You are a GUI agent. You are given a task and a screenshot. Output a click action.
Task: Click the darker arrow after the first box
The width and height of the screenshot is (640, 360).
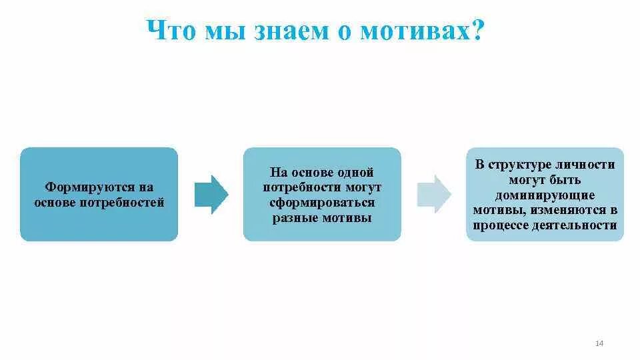pyautogui.click(x=211, y=194)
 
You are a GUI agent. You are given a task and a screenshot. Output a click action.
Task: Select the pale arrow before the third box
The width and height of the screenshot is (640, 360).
pyautogui.click(x=433, y=194)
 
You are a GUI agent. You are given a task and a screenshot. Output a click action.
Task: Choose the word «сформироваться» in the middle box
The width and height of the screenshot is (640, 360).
pyautogui.click(x=322, y=203)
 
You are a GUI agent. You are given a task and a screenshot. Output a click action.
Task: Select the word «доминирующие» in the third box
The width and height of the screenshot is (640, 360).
pyautogui.click(x=545, y=195)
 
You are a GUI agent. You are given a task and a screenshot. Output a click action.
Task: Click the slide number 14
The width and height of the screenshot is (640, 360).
pyautogui.click(x=598, y=343)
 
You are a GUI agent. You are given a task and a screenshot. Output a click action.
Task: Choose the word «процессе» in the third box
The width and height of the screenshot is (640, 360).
pyautogui.click(x=501, y=226)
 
